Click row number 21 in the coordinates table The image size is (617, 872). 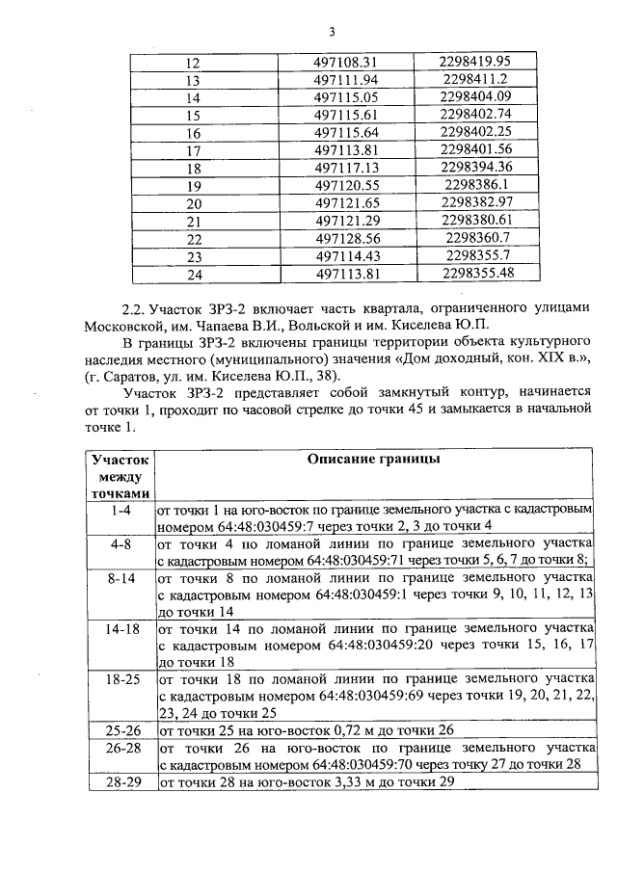[193, 222]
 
